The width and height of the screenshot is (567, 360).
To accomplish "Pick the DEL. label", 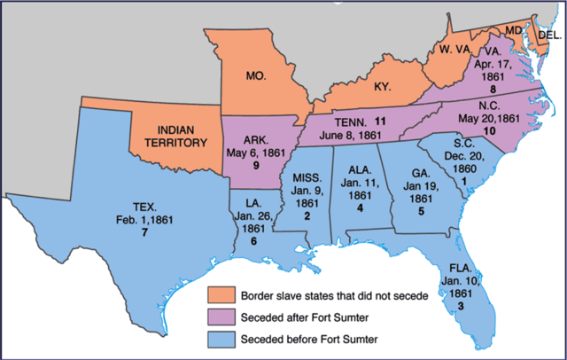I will [549, 35].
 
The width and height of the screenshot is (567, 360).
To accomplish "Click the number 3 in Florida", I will [461, 305].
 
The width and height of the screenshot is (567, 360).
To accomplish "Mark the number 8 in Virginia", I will [479, 90].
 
